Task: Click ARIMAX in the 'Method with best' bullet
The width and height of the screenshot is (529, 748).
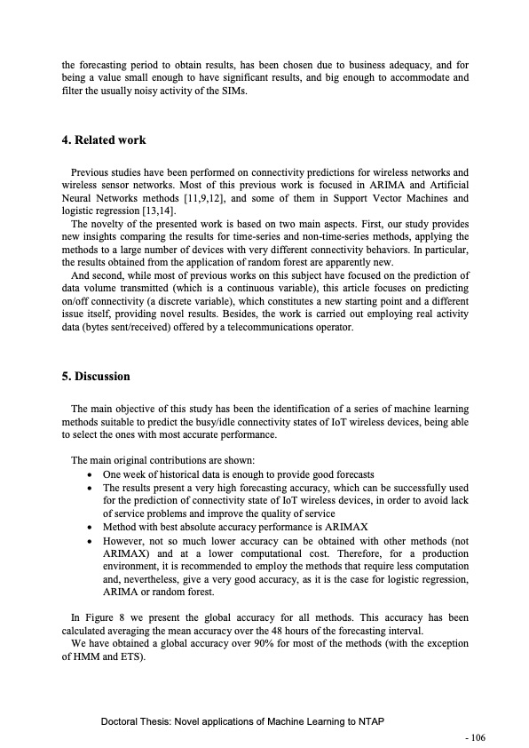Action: [315, 527]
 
